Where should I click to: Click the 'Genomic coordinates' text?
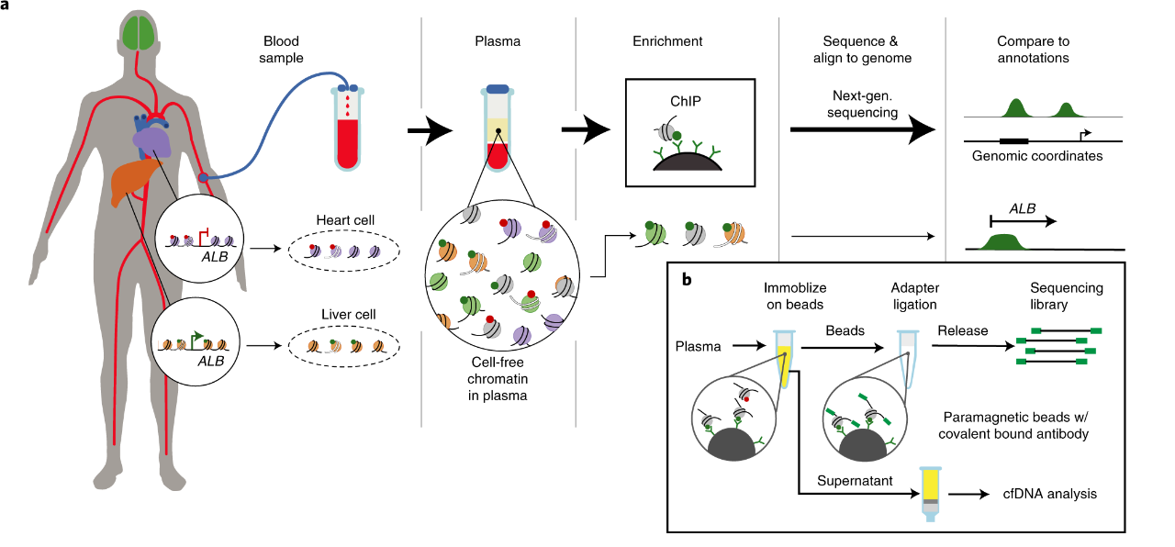point(1037,156)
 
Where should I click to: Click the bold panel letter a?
point(6,6)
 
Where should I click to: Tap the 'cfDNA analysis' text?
point(1050,494)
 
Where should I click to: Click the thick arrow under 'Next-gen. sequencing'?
point(863,130)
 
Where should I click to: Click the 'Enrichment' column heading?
point(667,41)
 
